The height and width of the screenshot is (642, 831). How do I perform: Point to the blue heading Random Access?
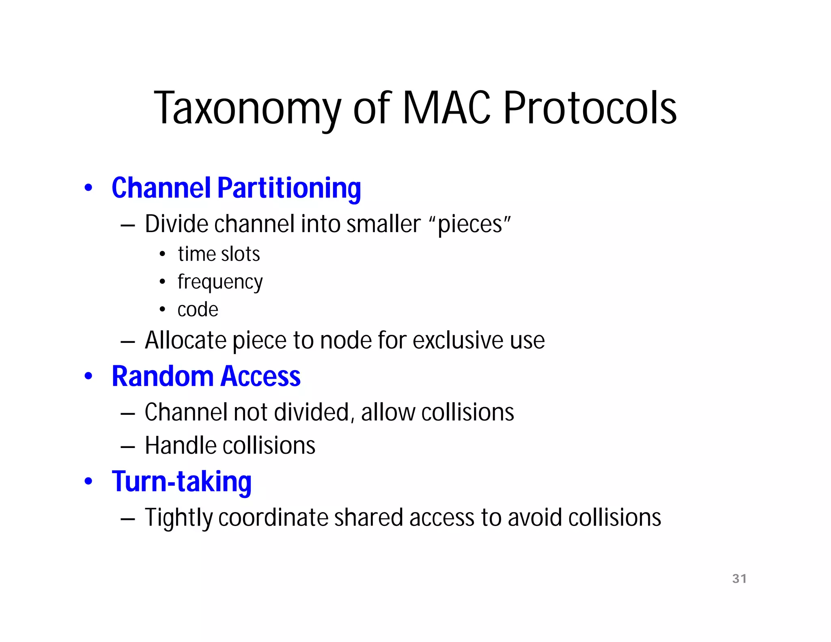206,376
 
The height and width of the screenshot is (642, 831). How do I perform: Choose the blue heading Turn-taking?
181,482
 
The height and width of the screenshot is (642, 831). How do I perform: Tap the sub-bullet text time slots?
219,254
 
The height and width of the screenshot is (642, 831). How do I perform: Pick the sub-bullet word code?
198,310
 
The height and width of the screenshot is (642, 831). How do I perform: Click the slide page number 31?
739,579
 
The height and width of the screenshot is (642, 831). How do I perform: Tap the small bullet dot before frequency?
162,281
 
